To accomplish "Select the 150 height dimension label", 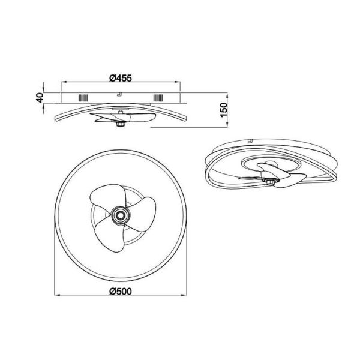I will click(223, 112).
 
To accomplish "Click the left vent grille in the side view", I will click(82, 99).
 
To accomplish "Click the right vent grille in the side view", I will click(158, 99).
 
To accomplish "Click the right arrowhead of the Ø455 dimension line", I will click(178, 83).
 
